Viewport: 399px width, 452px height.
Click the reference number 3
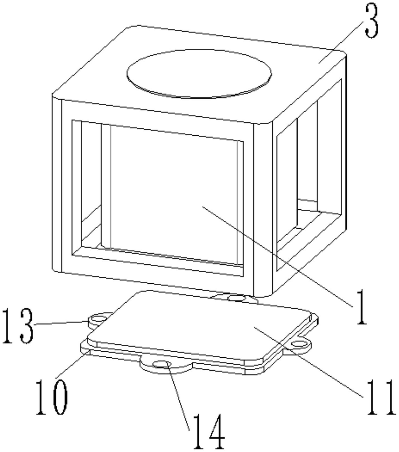[372, 21]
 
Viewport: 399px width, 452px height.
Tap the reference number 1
[360, 307]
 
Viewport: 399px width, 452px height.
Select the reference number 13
[18, 326]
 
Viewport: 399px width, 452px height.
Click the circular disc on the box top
[199, 73]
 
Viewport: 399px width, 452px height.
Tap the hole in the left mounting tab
[98, 319]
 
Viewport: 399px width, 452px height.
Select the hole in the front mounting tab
[162, 364]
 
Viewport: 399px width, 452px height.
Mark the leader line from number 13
[61, 323]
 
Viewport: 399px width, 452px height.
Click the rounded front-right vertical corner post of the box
[263, 209]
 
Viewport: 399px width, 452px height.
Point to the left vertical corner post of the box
[57, 184]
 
